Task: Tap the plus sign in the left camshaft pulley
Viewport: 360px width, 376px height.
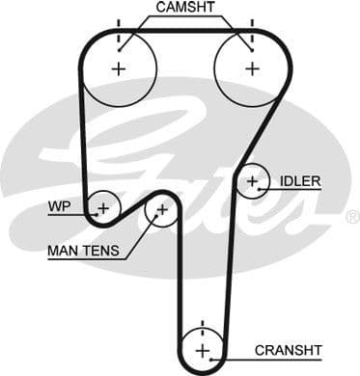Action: [x=119, y=68]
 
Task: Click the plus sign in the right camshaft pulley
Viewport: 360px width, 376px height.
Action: [x=252, y=68]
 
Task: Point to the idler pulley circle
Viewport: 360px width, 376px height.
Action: [x=253, y=179]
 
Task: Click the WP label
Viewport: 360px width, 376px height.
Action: [x=57, y=206]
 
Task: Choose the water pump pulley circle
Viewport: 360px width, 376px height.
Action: [x=102, y=206]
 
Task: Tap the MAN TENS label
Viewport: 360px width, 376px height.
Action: [x=84, y=251]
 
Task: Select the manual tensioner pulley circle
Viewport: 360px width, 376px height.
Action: [x=161, y=208]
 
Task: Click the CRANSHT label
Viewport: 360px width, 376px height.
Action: [x=288, y=349]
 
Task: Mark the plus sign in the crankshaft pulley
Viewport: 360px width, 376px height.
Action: [x=202, y=349]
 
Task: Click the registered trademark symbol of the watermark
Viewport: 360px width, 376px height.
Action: [x=351, y=218]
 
